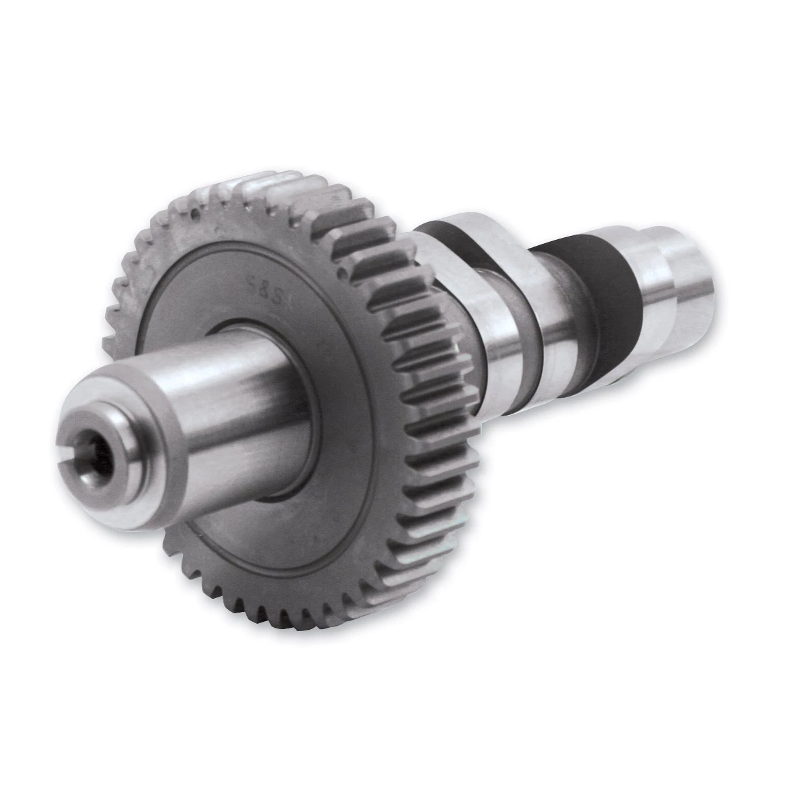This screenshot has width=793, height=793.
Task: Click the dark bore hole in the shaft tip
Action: click(101, 455)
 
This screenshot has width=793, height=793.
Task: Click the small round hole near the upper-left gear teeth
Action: click(193, 215)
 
